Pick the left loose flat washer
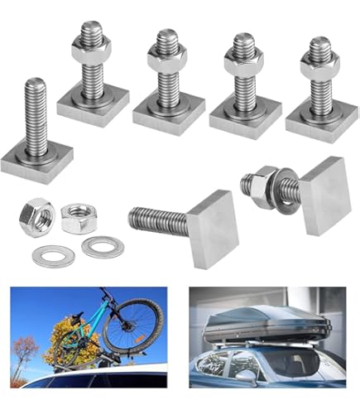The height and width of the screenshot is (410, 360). point(53,256)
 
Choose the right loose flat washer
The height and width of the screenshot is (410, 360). point(102,246)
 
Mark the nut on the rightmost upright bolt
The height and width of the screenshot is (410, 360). point(319,65)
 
